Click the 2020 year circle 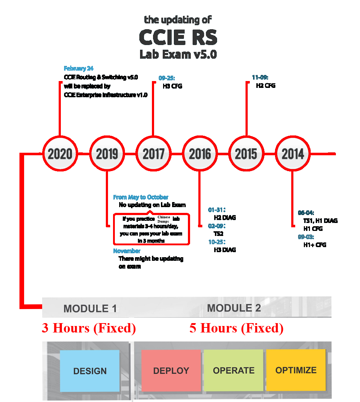pyautogui.click(x=60, y=154)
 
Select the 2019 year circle pyautogui.click(x=107, y=154)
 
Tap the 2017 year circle pyautogui.click(x=153, y=154)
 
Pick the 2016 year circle pyautogui.click(x=200, y=154)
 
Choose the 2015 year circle pyautogui.click(x=246, y=154)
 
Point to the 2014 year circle pyautogui.click(x=293, y=154)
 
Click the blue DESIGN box pyautogui.click(x=90, y=371)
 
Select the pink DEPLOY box pyautogui.click(x=171, y=371)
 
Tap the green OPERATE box pyautogui.click(x=233, y=370)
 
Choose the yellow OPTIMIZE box pyautogui.click(x=296, y=370)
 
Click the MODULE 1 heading pyautogui.click(x=90, y=309)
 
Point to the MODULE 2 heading pyautogui.click(x=234, y=308)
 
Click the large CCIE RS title pyautogui.click(x=178, y=37)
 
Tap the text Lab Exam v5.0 pyautogui.click(x=178, y=55)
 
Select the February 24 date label pyautogui.click(x=79, y=68)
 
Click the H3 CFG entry pyautogui.click(x=172, y=86)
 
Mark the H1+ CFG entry pyautogui.click(x=315, y=245)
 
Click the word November pyautogui.click(x=127, y=251)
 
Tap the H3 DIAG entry pyautogui.click(x=225, y=250)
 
